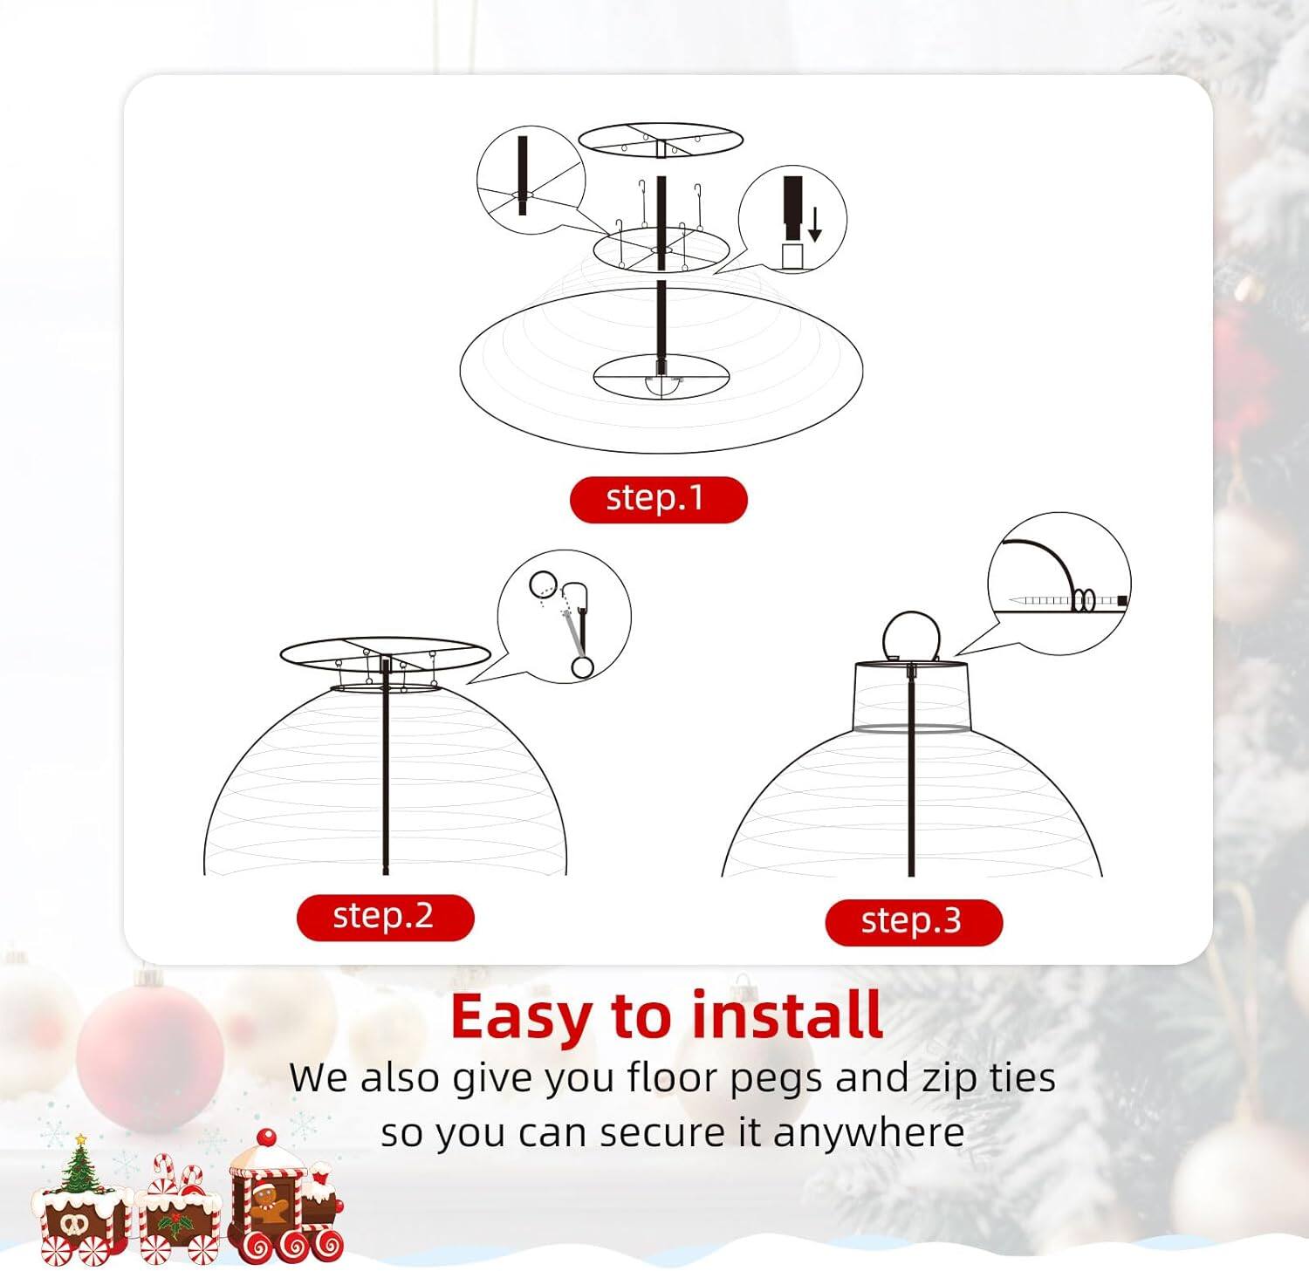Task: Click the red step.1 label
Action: click(658, 499)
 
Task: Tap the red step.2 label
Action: click(385, 917)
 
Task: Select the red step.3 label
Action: click(913, 922)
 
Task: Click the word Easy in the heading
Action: click(521, 1017)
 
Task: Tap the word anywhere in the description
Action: click(868, 1133)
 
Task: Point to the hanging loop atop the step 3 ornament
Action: click(910, 635)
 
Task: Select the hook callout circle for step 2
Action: click(564, 616)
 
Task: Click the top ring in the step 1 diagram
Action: click(660, 139)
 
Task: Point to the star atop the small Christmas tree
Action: click(80, 1139)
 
